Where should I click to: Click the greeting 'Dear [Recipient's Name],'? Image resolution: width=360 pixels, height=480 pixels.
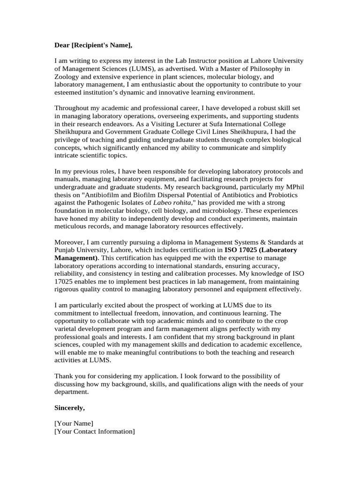tap(93, 45)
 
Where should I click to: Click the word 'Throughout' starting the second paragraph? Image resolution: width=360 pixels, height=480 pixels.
tap(71, 108)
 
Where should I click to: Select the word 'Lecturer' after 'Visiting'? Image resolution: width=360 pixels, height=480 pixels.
tap(165, 124)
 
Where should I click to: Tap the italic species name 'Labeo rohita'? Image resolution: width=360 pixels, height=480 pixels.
tap(172, 202)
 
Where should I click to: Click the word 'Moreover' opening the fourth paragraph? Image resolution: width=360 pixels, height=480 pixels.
tap(68, 242)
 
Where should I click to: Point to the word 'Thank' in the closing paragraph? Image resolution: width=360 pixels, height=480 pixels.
tap(64, 376)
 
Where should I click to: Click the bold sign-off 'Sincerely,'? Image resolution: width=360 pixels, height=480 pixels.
tap(70, 407)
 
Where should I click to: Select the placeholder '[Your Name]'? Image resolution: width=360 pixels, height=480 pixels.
tap(74, 423)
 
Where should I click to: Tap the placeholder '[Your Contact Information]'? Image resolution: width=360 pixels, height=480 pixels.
tap(95, 431)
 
